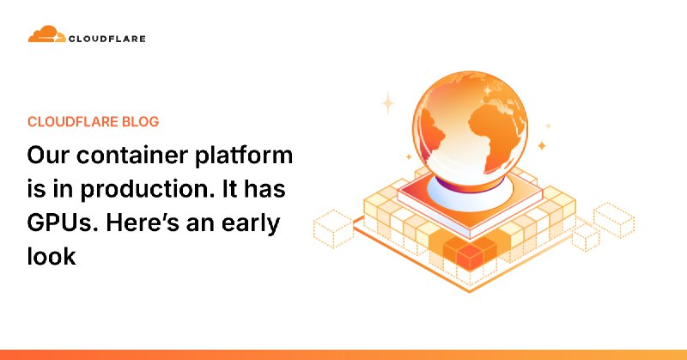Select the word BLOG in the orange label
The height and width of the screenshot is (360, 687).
(137, 121)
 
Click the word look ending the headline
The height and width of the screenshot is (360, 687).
(52, 255)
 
